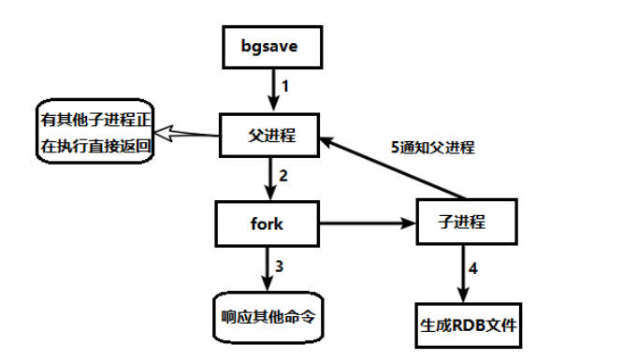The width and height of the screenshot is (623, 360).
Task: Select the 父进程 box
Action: [269, 135]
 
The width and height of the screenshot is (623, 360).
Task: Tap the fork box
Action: [268, 223]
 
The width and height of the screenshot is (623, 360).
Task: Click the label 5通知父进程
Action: [432, 147]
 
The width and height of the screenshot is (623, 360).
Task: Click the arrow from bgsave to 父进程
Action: [271, 91]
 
